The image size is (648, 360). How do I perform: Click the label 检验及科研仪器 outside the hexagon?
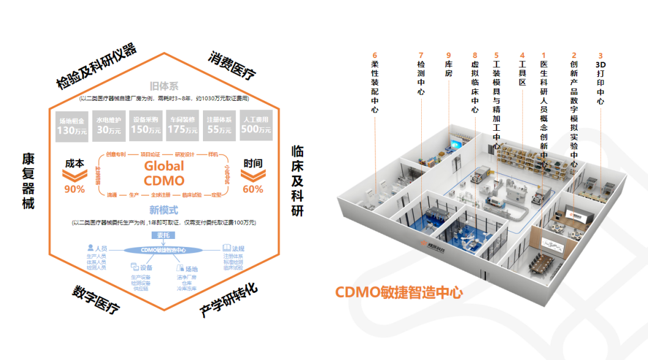[x=96, y=67]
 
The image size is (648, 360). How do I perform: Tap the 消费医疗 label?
[x=232, y=65]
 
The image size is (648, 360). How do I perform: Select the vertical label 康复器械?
[x=28, y=181]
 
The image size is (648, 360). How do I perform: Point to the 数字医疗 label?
[x=96, y=299]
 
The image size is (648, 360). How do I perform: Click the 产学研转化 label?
[x=229, y=300]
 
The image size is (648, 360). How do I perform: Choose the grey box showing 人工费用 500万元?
[x=256, y=125]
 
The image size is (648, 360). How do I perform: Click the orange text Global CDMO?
[x=163, y=173]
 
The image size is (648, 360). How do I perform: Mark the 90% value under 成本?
[x=75, y=189]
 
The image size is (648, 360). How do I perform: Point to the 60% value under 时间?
[x=252, y=189]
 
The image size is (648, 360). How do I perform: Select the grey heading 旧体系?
[x=163, y=86]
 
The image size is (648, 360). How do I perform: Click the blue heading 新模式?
[x=163, y=210]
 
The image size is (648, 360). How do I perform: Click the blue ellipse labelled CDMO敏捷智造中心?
[x=163, y=250]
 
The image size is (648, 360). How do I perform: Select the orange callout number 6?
[x=374, y=54]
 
